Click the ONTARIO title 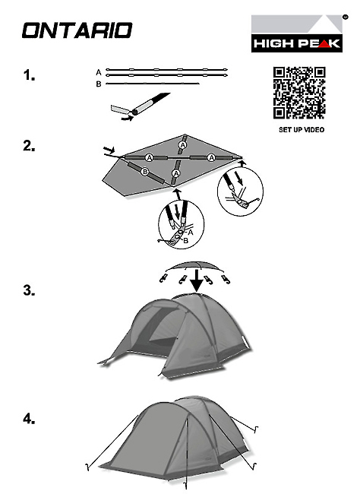[77, 30]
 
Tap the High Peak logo [297, 33]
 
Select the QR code [299, 93]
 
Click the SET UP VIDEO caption [302, 129]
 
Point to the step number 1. [29, 75]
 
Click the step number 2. [29, 146]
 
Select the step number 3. [29, 290]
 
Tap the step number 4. [29, 419]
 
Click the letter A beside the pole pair [99, 72]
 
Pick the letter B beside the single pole [99, 84]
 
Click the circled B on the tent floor [145, 172]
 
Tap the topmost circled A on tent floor [182, 145]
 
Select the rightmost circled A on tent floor [212, 157]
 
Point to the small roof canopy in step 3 [194, 266]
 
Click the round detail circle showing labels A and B [181, 224]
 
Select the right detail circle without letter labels [240, 192]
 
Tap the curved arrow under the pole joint [128, 118]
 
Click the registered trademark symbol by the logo [346, 17]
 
